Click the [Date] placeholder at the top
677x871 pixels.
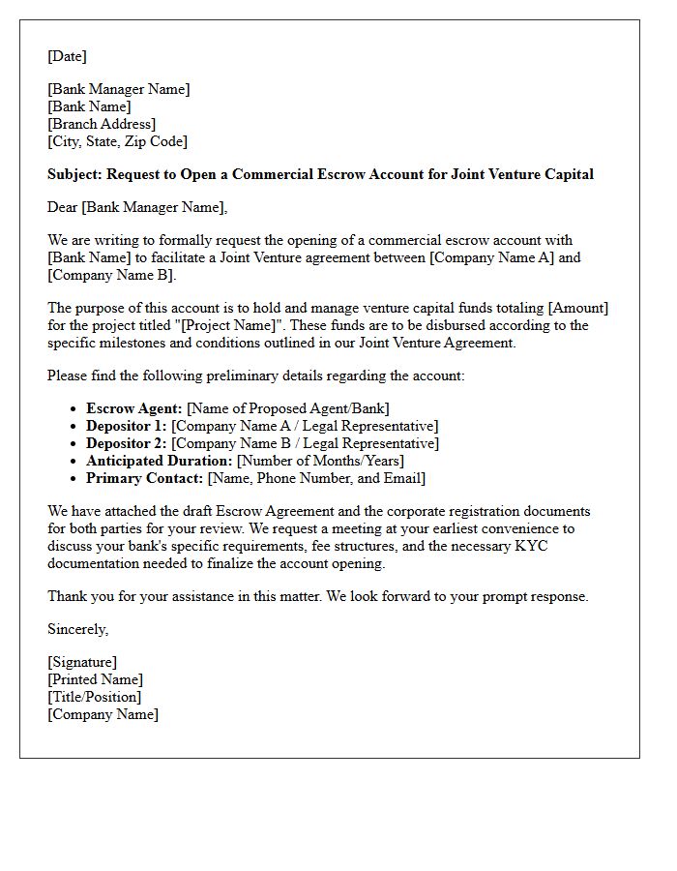click(67, 56)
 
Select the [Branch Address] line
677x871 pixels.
click(102, 124)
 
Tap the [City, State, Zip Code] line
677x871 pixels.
click(117, 141)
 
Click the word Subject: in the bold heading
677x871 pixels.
click(74, 175)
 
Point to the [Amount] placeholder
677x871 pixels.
click(578, 308)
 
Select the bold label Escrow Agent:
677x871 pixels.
click(133, 408)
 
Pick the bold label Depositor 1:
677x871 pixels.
click(127, 426)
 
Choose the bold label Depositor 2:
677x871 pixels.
click(127, 443)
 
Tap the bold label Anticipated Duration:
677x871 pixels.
click(160, 461)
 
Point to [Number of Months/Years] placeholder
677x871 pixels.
click(320, 461)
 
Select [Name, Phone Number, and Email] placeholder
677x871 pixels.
click(316, 478)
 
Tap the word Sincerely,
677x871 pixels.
click(78, 629)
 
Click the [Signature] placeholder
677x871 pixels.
click(82, 662)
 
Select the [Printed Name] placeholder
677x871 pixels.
click(95, 679)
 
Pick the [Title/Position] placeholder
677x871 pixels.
click(94, 697)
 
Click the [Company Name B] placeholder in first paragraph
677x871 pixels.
click(110, 275)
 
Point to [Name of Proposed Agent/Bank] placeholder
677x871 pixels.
click(288, 408)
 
